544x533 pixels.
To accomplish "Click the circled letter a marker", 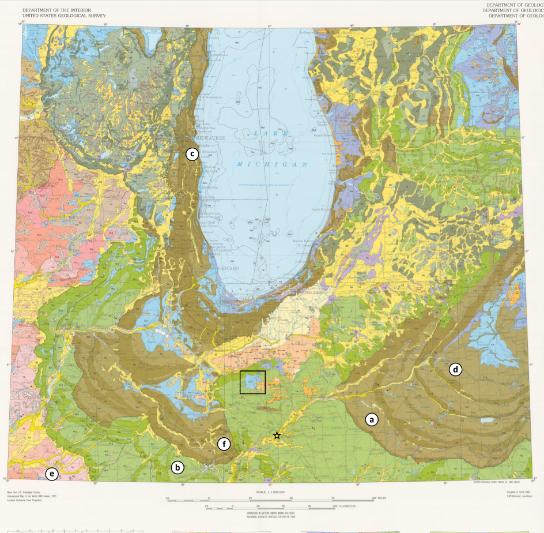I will click(x=372, y=419).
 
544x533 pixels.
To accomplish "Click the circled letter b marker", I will click(x=177, y=467).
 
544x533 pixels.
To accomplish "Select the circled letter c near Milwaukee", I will click(x=191, y=154).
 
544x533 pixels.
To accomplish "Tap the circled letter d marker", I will click(x=456, y=369).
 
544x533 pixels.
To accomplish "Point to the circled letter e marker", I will click(x=52, y=474).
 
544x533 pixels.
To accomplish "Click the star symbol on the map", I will click(x=277, y=436).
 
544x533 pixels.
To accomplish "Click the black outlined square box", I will click(x=252, y=382).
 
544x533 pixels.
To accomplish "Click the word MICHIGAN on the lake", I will click(x=271, y=164).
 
